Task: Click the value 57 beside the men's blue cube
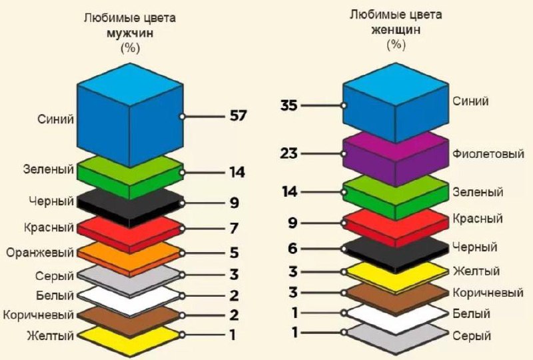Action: (238, 116)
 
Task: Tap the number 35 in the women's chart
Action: (289, 105)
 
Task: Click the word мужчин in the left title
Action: (130, 33)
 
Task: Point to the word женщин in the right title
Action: (396, 30)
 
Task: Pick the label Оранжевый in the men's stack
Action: (40, 253)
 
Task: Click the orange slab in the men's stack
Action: (130, 259)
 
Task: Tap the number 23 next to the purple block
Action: (289, 153)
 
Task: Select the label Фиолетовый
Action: (488, 154)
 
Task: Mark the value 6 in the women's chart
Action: (292, 249)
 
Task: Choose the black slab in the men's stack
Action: (130, 208)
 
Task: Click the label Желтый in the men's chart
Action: (51, 335)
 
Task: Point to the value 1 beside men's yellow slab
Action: (233, 335)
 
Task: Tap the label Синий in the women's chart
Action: (470, 101)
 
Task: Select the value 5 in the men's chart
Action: (235, 253)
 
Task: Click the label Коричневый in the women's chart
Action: (488, 293)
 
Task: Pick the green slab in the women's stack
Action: (396, 197)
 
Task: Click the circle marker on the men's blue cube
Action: (182, 117)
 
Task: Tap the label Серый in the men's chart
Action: (55, 276)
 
